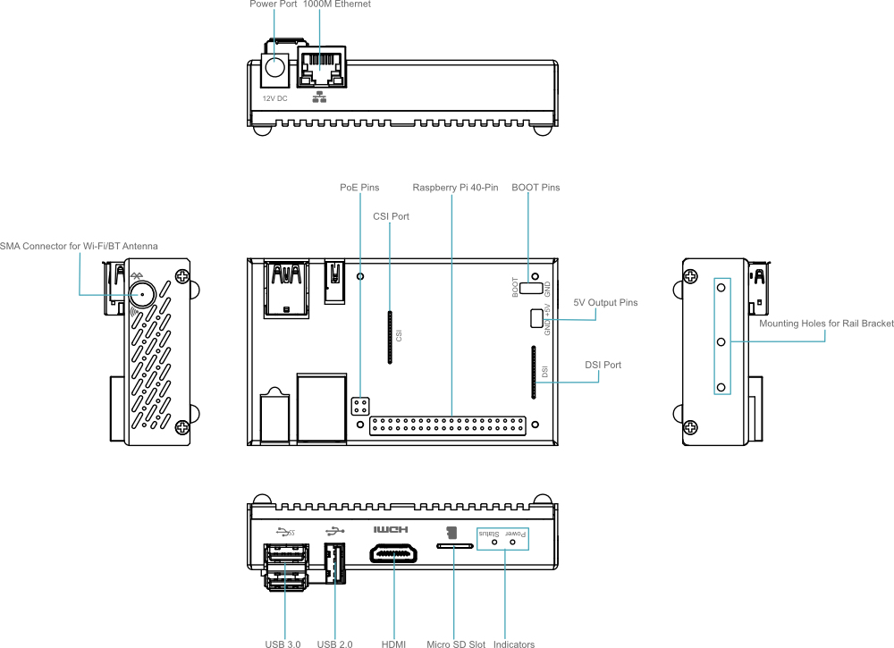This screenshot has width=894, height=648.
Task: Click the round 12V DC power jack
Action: click(274, 67)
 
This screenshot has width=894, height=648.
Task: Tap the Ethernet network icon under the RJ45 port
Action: click(319, 97)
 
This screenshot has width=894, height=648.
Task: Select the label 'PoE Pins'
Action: click(359, 188)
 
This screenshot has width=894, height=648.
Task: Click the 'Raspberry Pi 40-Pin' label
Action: click(455, 188)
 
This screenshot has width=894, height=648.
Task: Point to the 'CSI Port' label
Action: click(392, 216)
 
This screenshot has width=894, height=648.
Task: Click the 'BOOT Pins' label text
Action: click(536, 188)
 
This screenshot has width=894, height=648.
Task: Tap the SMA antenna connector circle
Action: click(142, 295)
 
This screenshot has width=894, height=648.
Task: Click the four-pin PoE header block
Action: click(360, 407)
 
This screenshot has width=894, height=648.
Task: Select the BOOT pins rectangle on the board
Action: click(531, 287)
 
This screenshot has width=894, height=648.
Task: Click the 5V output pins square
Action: click(536, 318)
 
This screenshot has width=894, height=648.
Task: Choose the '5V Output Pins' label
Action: click(605, 303)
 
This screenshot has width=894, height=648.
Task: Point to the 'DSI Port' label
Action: click(603, 365)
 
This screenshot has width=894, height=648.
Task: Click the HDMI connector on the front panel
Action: click(393, 553)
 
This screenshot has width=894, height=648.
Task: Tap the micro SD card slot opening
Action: click(454, 546)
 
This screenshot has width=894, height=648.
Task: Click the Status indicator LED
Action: click(494, 542)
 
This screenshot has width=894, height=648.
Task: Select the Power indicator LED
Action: click(512, 542)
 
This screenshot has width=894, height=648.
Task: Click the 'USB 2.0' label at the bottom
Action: click(334, 644)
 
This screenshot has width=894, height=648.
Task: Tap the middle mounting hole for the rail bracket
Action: click(721, 342)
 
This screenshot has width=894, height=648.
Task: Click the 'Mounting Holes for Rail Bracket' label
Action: click(826, 324)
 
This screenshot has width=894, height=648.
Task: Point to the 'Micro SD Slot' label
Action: click(456, 644)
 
